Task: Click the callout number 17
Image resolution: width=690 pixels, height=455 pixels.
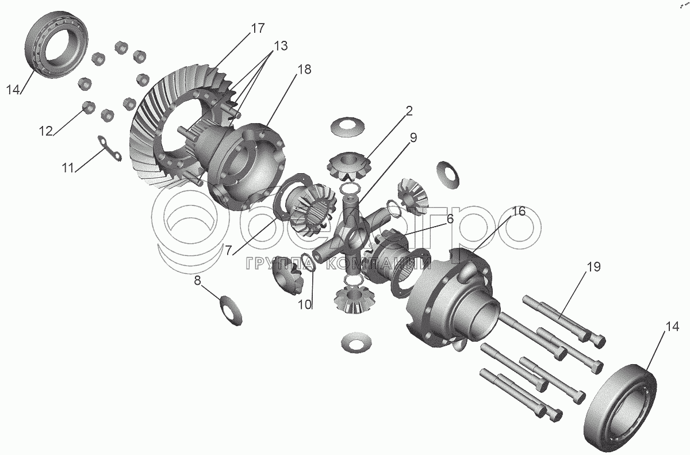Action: [x=258, y=28]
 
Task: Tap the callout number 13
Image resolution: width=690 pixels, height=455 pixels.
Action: [x=281, y=46]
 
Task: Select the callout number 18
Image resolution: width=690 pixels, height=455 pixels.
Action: [x=304, y=70]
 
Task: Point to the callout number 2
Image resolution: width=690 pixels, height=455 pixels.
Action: [x=409, y=111]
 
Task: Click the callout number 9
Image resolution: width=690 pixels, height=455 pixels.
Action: [x=413, y=137]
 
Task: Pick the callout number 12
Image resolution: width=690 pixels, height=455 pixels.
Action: [x=45, y=131]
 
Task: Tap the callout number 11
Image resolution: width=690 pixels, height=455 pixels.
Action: [x=68, y=168]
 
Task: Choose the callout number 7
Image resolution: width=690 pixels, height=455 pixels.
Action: [x=228, y=251]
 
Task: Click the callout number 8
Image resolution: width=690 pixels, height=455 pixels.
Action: [x=197, y=281]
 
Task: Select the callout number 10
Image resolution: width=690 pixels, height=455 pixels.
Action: [x=305, y=305]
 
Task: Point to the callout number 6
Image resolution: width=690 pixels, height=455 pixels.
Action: [x=450, y=219]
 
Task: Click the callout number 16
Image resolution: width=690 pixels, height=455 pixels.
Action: [x=519, y=212]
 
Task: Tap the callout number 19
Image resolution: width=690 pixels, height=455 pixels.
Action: [x=594, y=267]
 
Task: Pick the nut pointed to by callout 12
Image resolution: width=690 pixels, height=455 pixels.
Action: [x=89, y=107]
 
